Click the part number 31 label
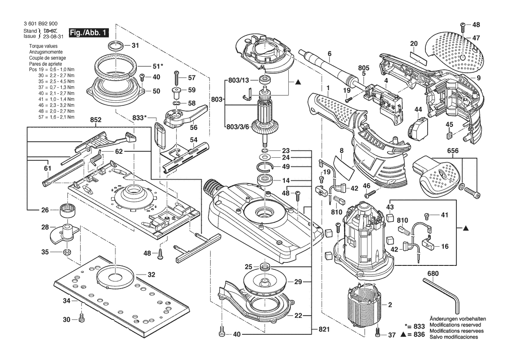click(135, 45)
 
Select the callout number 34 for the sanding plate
click(67, 301)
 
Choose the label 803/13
click(238, 81)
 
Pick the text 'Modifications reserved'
click(455, 325)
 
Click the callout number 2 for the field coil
click(390, 304)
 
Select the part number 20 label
click(414, 44)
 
